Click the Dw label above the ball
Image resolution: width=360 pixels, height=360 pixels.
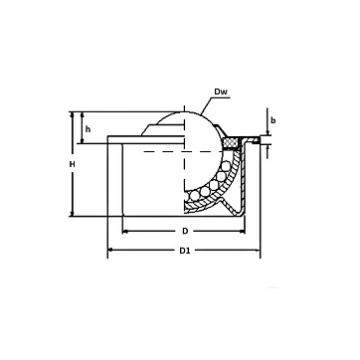pos(221,91)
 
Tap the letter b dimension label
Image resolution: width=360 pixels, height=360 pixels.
pos(273,120)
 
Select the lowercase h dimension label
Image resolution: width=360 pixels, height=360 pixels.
pos(88,129)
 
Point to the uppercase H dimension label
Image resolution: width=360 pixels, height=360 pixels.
pos(73,164)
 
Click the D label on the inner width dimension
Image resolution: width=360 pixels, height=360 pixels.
pos(185,231)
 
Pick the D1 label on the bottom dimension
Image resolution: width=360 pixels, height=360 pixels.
pos(185,251)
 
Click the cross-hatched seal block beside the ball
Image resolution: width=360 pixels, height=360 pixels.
pos(232,143)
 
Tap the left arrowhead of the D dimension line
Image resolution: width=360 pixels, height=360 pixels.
pos(125,232)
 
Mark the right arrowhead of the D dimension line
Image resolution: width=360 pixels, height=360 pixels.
pos(242,232)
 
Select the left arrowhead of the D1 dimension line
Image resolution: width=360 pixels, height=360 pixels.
pos(110,250)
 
